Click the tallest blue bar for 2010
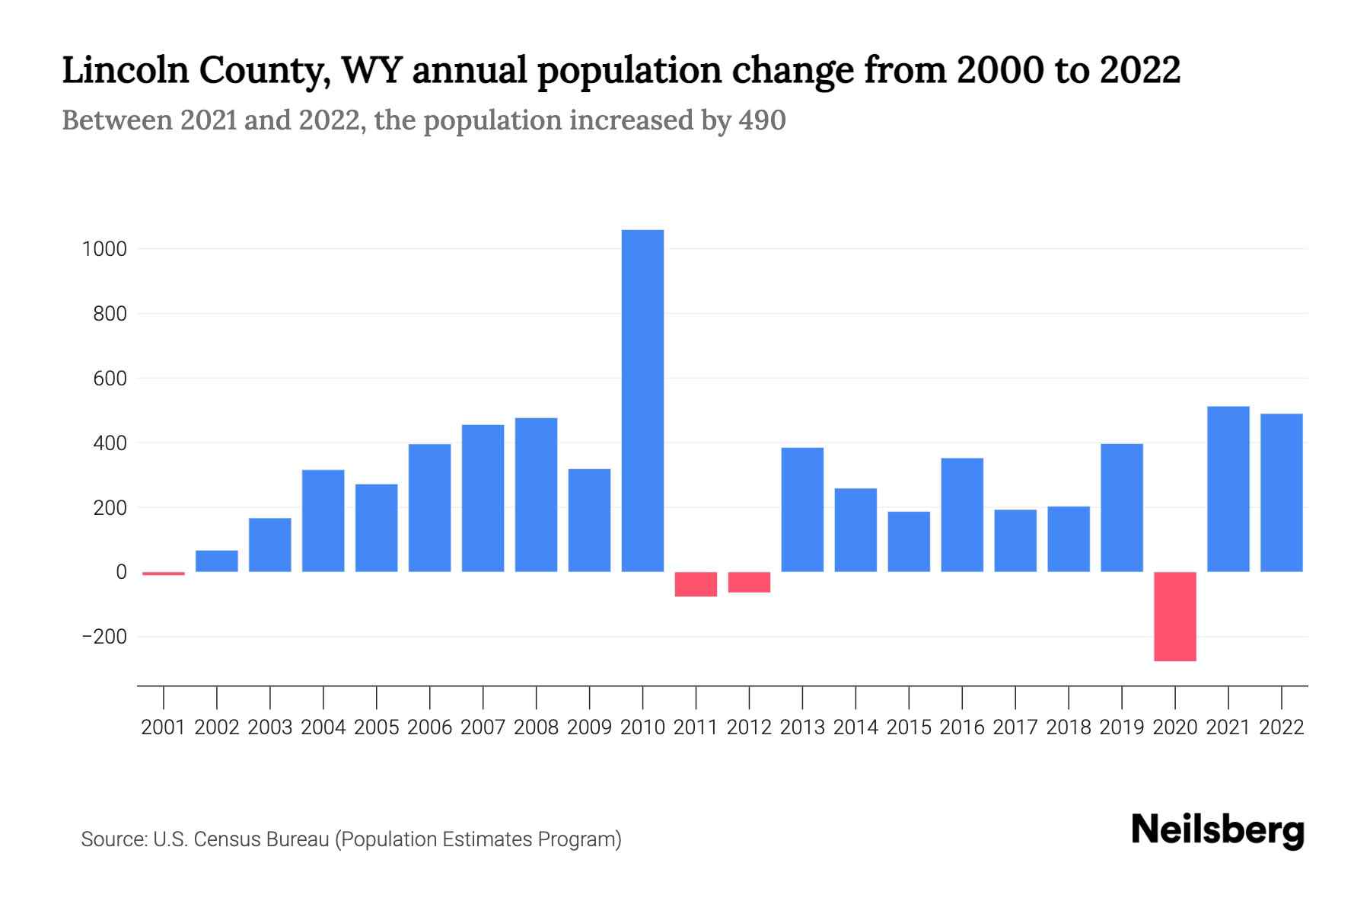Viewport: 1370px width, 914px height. pos(642,400)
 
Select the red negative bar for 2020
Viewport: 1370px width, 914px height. pos(1174,616)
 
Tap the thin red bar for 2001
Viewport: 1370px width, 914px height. pos(164,573)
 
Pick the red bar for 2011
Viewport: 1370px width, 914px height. pos(696,584)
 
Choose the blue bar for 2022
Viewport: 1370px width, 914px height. pos(1281,492)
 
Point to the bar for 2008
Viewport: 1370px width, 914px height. pos(536,494)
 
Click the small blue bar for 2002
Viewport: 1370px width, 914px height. pos(217,561)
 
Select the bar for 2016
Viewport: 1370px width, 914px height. pos(962,514)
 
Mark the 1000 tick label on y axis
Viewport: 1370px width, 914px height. pos(104,249)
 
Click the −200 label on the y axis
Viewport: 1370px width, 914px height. pos(104,637)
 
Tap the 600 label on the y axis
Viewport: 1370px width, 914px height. pos(110,379)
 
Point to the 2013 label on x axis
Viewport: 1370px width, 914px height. pos(802,727)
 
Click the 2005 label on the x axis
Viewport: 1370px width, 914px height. pos(376,727)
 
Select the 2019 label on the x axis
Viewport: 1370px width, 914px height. pos(1121,727)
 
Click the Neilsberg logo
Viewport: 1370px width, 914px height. pos(1218,830)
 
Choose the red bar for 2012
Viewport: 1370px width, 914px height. pos(749,582)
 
